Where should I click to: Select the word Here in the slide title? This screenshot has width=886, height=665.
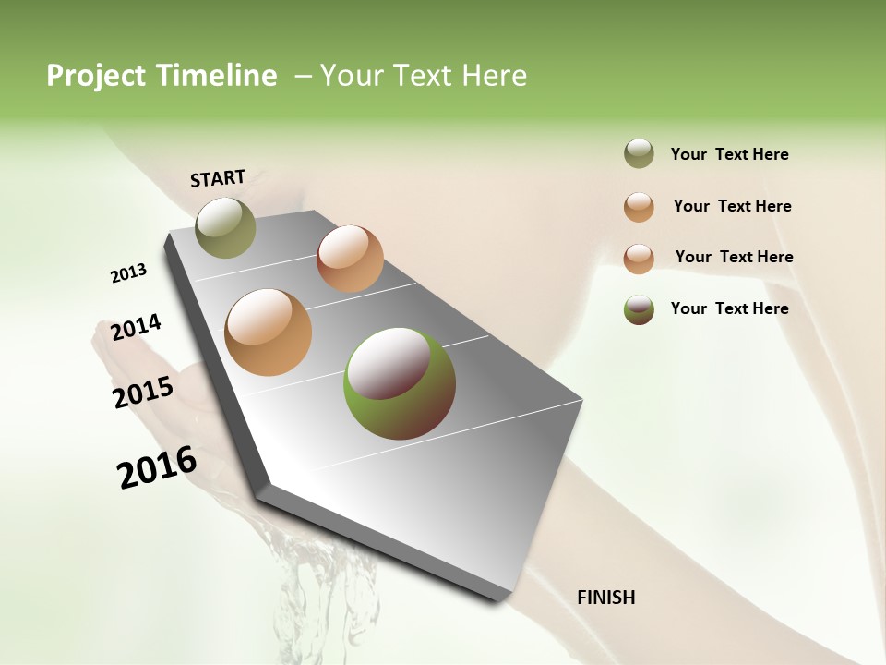(x=494, y=76)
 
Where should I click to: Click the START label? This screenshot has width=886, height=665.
(x=218, y=178)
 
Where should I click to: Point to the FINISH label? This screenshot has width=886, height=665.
(x=605, y=598)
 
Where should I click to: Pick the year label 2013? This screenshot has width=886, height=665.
(x=128, y=273)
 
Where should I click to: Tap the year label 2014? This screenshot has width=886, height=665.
(x=136, y=328)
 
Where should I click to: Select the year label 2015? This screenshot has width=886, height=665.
(x=143, y=393)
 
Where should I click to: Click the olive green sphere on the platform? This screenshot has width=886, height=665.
(x=225, y=227)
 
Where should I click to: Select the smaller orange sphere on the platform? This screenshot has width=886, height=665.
(x=350, y=259)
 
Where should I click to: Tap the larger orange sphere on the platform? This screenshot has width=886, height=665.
(x=269, y=332)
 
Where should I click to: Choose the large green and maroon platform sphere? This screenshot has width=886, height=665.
(x=400, y=383)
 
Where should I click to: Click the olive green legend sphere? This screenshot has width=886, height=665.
(x=639, y=154)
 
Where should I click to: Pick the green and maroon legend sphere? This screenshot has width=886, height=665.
(x=639, y=308)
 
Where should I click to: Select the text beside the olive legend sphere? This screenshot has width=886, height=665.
(x=729, y=154)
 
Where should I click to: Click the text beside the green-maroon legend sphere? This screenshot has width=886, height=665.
(x=729, y=308)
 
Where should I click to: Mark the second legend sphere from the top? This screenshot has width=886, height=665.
(x=639, y=207)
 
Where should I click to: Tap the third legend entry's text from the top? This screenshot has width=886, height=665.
(x=734, y=257)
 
